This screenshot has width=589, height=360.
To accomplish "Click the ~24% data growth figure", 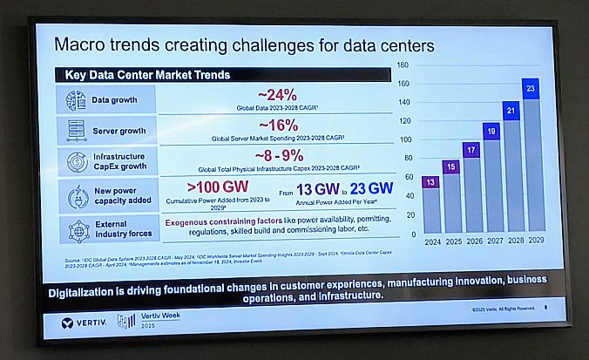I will point(277,94).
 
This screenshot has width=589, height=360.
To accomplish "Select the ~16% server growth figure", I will point(277,126).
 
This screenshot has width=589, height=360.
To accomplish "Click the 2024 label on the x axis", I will point(431,241).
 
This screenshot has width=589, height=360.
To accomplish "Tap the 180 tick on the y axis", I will point(403,65).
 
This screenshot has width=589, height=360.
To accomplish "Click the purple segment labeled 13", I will point(430,181).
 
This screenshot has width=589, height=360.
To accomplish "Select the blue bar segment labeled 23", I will point(531,88).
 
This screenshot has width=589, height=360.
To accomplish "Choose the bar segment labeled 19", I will point(491,131).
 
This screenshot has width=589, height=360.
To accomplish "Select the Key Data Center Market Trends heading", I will point(147,76).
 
